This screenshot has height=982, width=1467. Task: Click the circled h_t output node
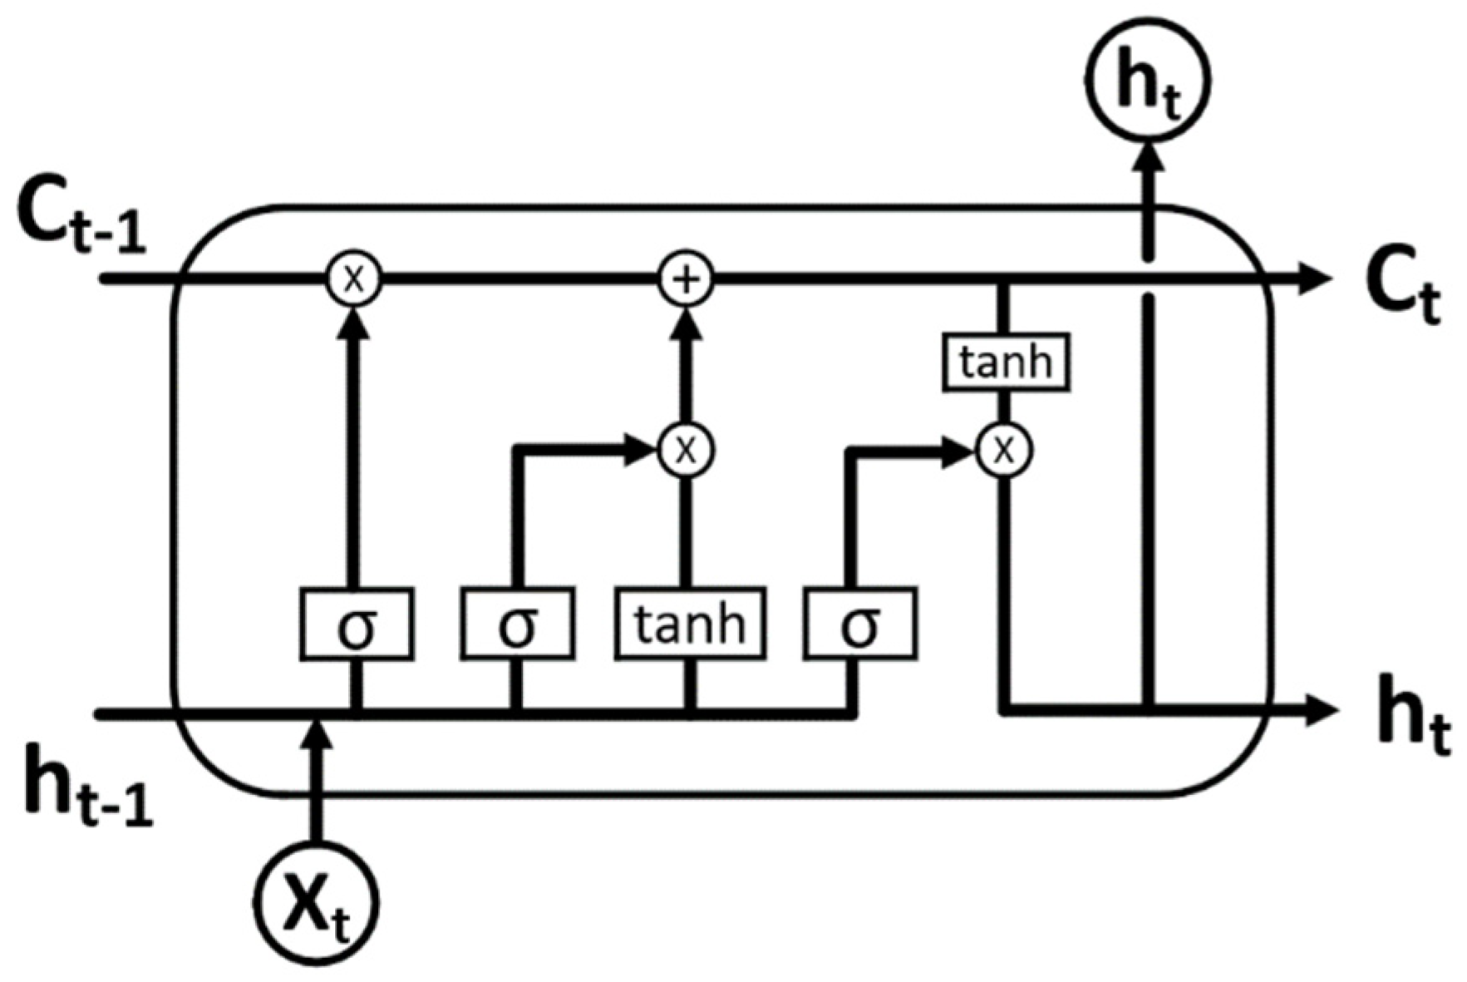tap(1147, 80)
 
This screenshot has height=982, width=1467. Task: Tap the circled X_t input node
tap(316, 903)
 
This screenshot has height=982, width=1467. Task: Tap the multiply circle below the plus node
tap(686, 450)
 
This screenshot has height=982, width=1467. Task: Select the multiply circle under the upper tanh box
tap(1004, 450)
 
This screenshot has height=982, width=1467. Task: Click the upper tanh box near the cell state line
tap(1005, 362)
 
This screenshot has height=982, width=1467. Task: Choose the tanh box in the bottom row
tap(690, 624)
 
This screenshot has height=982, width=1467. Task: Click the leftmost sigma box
tap(357, 624)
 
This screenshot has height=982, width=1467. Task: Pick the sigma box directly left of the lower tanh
tap(517, 624)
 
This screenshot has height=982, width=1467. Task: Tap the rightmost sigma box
tap(860, 624)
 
